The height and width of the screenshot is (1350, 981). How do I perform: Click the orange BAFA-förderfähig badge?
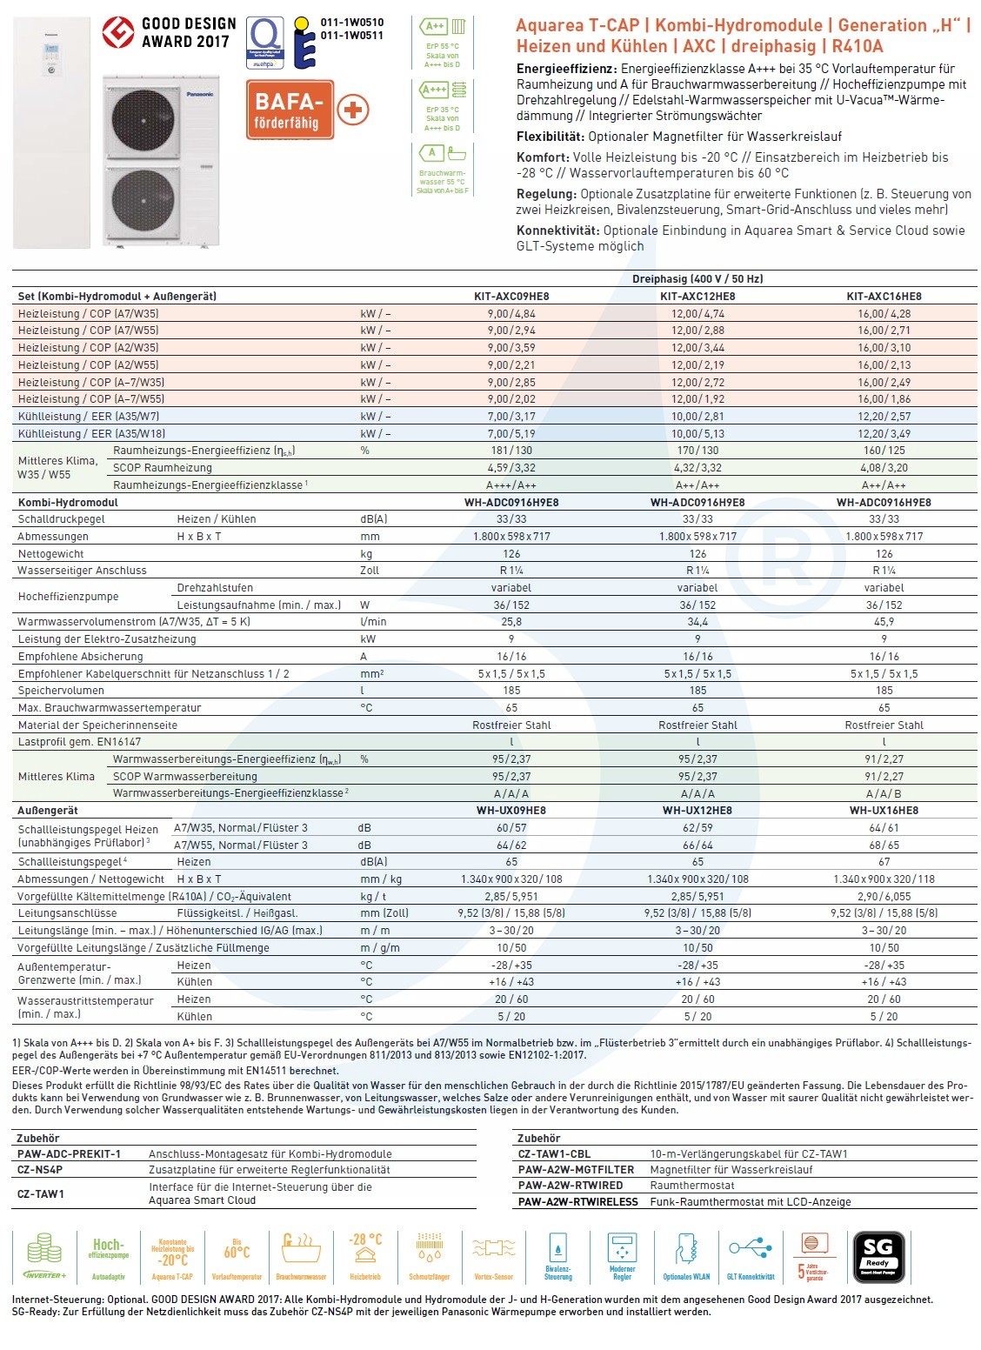pyautogui.click(x=289, y=111)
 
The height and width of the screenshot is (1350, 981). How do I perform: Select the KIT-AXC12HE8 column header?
pyautogui.click(x=697, y=296)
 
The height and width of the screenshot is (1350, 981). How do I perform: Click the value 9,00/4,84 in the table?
pyautogui.click(x=511, y=313)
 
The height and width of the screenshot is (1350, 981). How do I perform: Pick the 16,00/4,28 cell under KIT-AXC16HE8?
pyautogui.click(x=884, y=313)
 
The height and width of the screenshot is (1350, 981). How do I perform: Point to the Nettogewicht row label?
pyautogui.click(x=51, y=553)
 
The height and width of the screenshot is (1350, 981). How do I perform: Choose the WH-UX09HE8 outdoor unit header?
pyautogui.click(x=511, y=810)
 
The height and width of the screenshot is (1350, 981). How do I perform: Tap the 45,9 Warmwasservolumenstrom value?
pyautogui.click(x=884, y=622)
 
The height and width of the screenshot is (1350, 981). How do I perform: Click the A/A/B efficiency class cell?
pyautogui.click(x=884, y=793)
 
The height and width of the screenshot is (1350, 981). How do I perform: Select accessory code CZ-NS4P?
pyautogui.click(x=40, y=1170)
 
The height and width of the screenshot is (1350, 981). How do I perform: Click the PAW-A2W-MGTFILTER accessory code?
pyautogui.click(x=576, y=1170)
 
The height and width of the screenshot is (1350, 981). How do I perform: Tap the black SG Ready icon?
pyautogui.click(x=878, y=1257)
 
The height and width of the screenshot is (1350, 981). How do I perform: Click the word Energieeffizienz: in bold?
pyautogui.click(x=566, y=69)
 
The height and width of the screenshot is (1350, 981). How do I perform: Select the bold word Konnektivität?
pyautogui.click(x=557, y=231)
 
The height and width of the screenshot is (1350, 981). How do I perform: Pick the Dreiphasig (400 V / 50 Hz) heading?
pyautogui.click(x=697, y=279)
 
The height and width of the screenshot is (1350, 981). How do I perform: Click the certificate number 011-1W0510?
pyautogui.click(x=352, y=23)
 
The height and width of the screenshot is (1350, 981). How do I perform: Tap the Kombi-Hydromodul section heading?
pyautogui.click(x=68, y=502)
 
